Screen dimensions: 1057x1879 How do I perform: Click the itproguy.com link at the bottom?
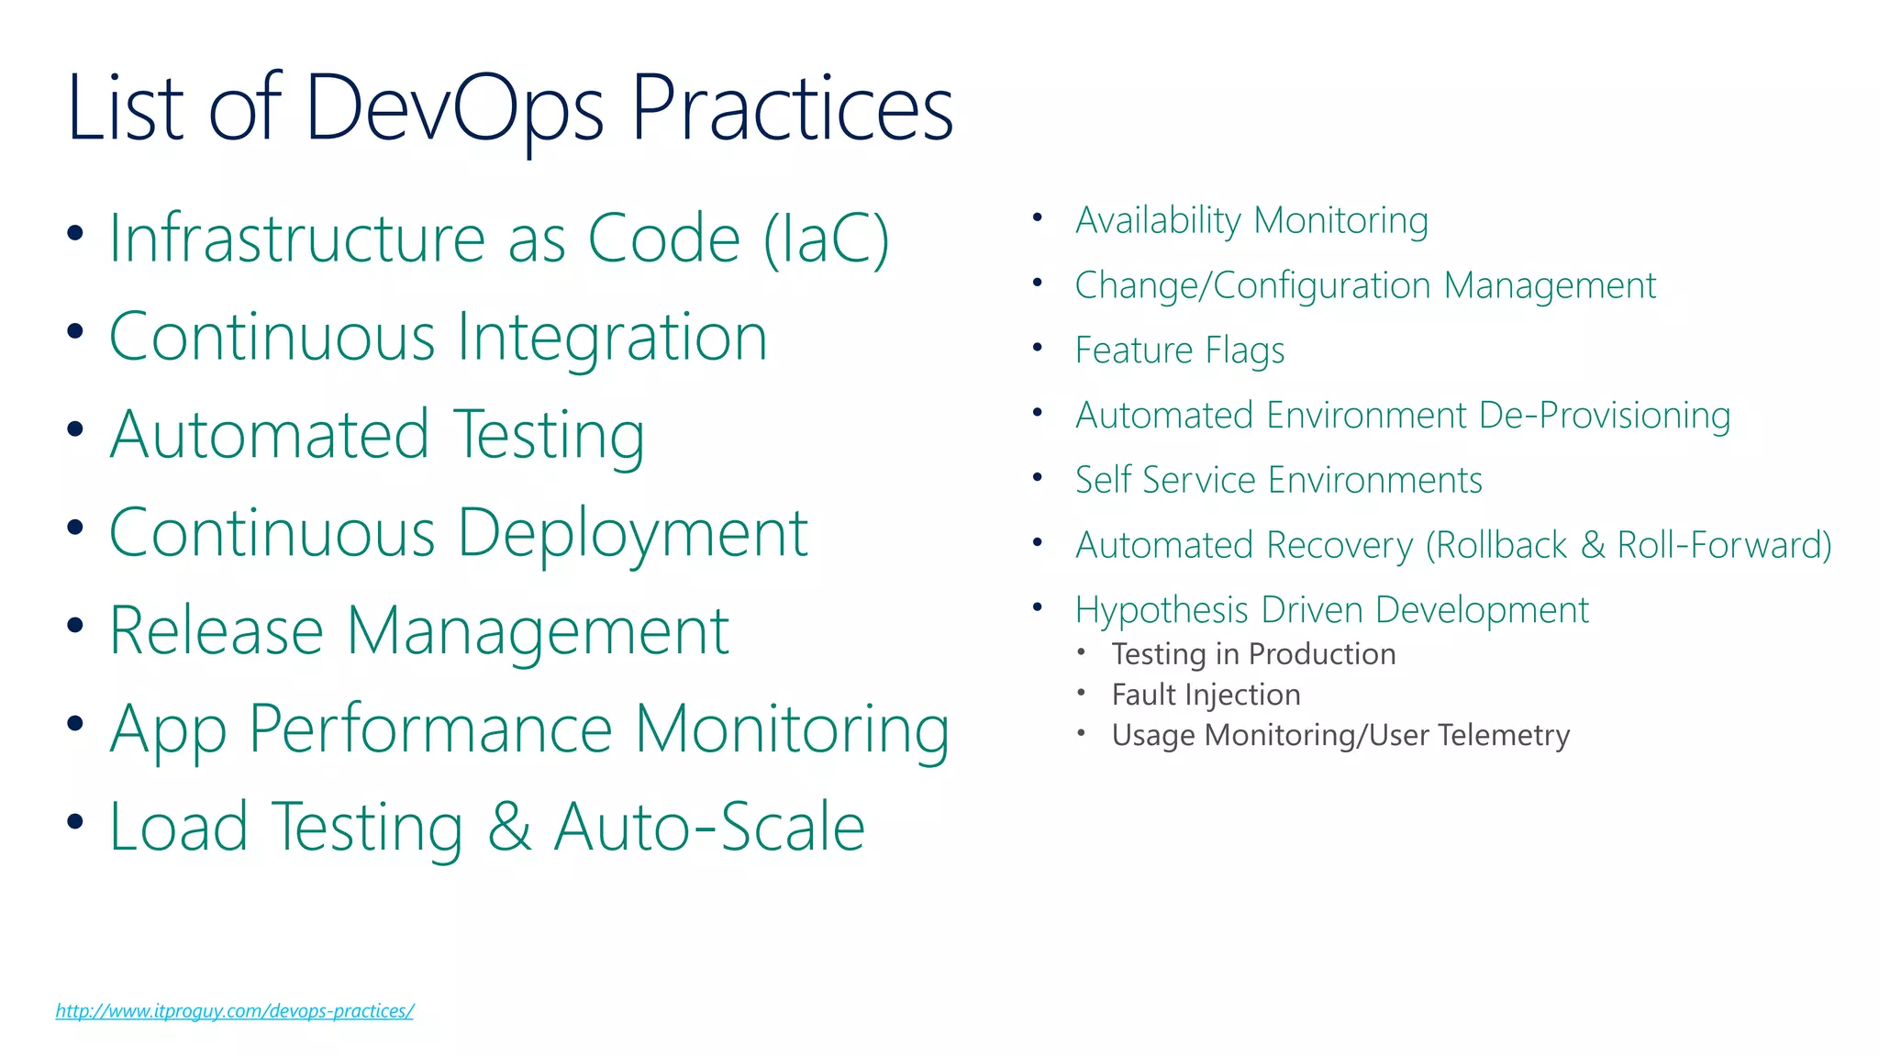234,1011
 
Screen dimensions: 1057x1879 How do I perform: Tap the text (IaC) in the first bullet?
827,239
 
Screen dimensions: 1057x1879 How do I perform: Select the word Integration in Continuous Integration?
612,337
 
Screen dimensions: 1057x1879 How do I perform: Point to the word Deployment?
632,533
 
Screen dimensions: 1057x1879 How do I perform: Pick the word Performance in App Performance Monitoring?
430,729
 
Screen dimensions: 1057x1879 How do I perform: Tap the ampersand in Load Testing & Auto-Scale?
509,827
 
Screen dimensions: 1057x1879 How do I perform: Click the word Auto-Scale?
710,827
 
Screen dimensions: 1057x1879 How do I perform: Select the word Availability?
1158,221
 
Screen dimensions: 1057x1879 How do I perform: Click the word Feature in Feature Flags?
1133,350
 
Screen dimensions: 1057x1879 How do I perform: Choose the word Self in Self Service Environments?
1103,480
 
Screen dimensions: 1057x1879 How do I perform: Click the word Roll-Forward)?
1724,545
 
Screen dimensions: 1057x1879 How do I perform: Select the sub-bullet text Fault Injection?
1206,695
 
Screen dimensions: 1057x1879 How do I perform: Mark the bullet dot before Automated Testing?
75,428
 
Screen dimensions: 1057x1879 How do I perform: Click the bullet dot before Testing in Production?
1082,652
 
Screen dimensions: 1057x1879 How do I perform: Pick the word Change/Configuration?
1252,286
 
